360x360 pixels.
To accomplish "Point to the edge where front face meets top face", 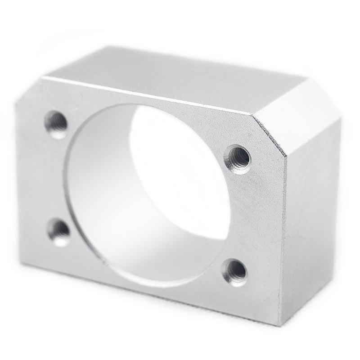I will [x=148, y=94].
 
